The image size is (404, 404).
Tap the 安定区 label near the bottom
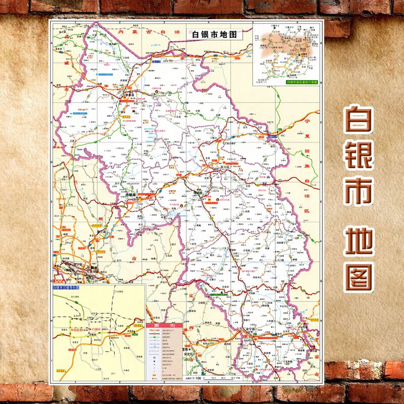188,355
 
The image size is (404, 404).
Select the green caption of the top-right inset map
301,82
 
